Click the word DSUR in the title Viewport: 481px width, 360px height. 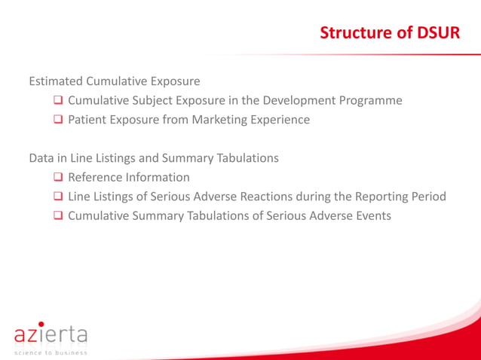tap(439, 34)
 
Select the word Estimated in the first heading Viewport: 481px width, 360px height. tap(56, 81)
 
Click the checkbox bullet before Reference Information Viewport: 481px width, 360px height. tap(58, 178)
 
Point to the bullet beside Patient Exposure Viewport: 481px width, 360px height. tap(58, 120)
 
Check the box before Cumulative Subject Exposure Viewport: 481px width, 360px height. tap(58, 100)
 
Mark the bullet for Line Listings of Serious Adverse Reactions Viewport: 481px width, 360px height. tap(58, 197)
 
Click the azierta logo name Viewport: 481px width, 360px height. tap(50, 333)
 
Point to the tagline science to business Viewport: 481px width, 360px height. tap(50, 352)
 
